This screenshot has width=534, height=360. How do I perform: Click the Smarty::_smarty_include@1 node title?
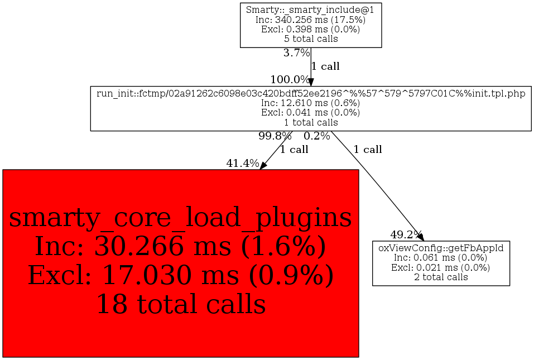[x=311, y=9]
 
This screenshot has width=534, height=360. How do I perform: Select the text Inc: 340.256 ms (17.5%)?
[x=311, y=20]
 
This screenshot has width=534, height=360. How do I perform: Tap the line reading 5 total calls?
[x=311, y=39]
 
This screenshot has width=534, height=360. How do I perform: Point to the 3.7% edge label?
[x=296, y=54]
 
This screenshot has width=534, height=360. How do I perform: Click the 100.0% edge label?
[x=290, y=79]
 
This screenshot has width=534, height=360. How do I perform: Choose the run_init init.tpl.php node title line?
[x=311, y=93]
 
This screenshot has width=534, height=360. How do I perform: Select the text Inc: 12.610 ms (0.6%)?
[x=311, y=103]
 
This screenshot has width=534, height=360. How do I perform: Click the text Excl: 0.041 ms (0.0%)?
[x=311, y=112]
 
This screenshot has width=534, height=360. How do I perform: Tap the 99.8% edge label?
[x=275, y=136]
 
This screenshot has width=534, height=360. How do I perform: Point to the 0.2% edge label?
[x=317, y=136]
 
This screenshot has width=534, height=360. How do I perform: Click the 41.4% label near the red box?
[x=243, y=164]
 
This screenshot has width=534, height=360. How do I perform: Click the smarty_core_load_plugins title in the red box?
[x=180, y=218]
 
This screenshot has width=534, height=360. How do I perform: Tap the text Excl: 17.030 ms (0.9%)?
[x=180, y=275]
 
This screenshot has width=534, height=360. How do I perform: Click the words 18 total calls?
[x=180, y=304]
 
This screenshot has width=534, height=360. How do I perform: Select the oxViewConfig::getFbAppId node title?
[x=441, y=248]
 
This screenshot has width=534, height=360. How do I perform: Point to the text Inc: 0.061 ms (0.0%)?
[x=441, y=257]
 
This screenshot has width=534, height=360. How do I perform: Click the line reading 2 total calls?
[x=441, y=277]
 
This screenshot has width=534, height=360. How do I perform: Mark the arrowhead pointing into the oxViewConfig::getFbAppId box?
[x=421, y=237]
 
